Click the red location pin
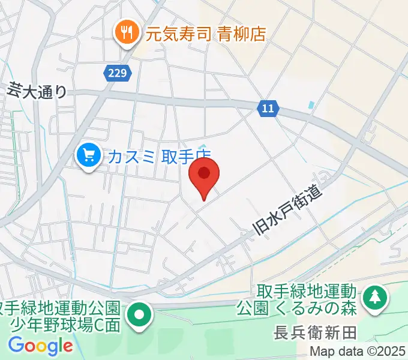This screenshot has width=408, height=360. [x=204, y=175]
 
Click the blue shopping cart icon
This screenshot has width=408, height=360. [x=89, y=157]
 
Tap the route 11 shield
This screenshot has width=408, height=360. [x=268, y=109]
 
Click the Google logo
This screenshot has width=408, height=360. [x=40, y=346]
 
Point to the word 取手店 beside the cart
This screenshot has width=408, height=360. [x=186, y=157]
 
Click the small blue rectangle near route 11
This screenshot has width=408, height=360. [x=310, y=106]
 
